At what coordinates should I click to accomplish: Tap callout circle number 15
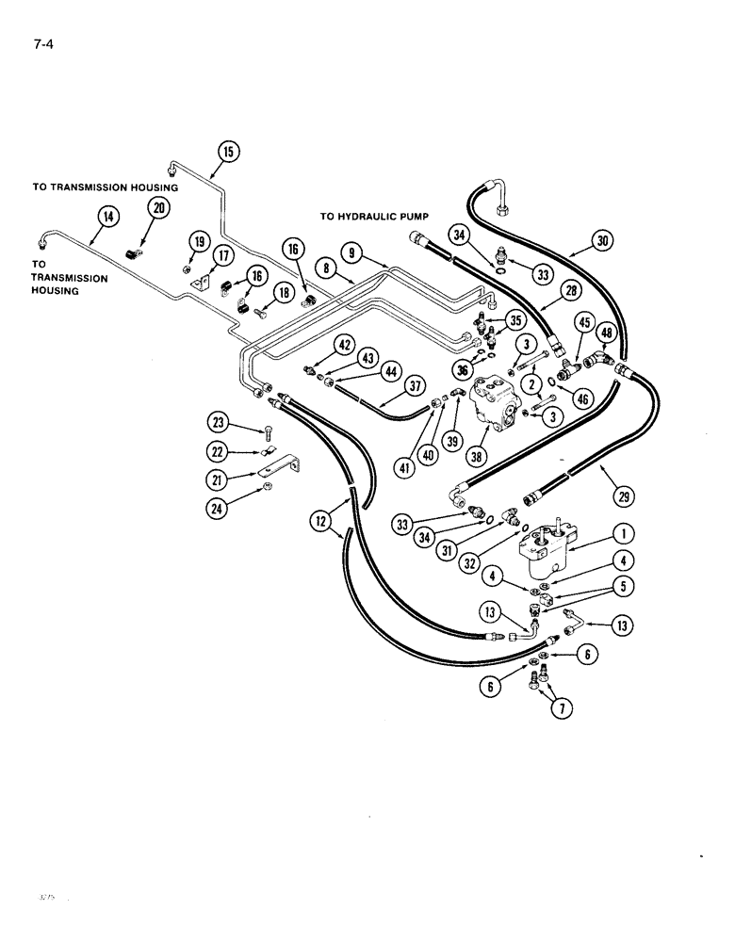pyautogui.click(x=230, y=151)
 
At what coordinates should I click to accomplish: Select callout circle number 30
pyautogui.click(x=604, y=240)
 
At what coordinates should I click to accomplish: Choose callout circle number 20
pyautogui.click(x=158, y=209)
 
